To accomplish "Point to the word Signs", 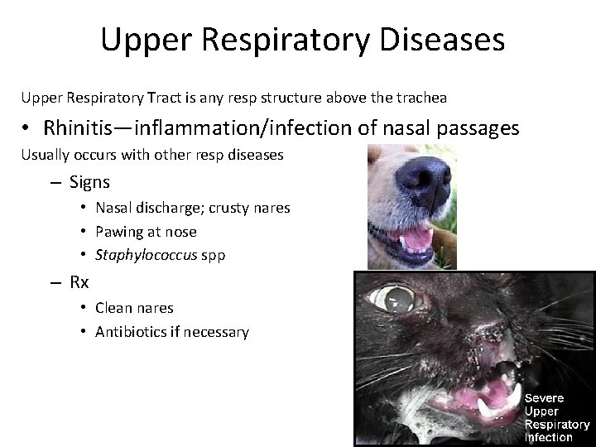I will (89, 181).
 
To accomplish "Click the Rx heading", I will (79, 282).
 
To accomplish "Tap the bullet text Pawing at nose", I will (146, 232).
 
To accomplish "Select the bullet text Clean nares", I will (134, 308).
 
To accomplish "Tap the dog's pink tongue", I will (416, 239).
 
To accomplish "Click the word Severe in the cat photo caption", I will (544, 399).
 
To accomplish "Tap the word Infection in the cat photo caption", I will (549, 436).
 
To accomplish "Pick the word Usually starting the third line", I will (46, 154).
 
